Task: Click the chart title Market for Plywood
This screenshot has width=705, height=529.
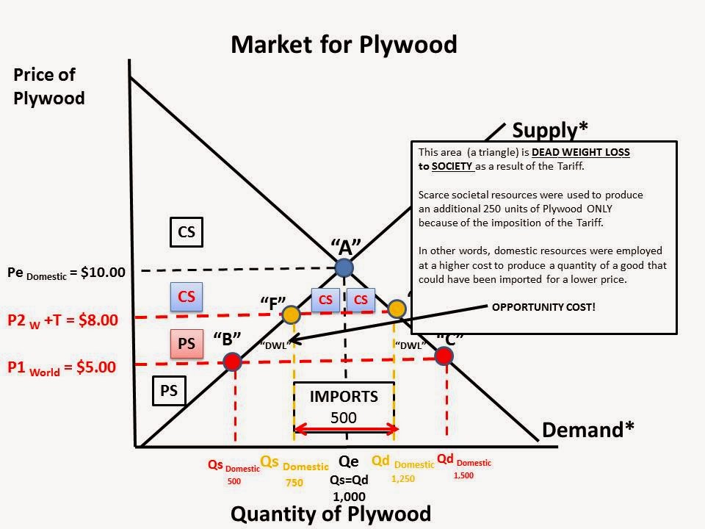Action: click(x=344, y=44)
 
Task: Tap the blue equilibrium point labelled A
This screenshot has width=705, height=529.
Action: click(x=344, y=268)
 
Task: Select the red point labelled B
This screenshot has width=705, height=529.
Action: click(x=232, y=361)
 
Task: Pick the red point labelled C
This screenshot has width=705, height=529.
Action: click(x=443, y=356)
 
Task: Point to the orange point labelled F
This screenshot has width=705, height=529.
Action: click(x=292, y=315)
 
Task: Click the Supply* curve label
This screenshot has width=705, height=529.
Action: click(x=550, y=130)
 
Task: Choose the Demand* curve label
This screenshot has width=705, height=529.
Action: click(x=587, y=430)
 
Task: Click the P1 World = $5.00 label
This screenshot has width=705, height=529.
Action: click(x=62, y=367)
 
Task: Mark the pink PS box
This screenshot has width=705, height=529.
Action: click(x=187, y=342)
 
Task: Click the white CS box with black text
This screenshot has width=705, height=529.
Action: click(x=187, y=232)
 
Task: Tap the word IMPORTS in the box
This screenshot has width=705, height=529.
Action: click(x=344, y=397)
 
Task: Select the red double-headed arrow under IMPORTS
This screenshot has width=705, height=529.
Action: click(x=345, y=429)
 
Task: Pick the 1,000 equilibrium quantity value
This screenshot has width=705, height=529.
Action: click(x=349, y=497)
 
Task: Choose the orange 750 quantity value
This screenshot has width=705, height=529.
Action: click(x=294, y=483)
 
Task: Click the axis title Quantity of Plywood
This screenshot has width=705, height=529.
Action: click(x=330, y=513)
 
